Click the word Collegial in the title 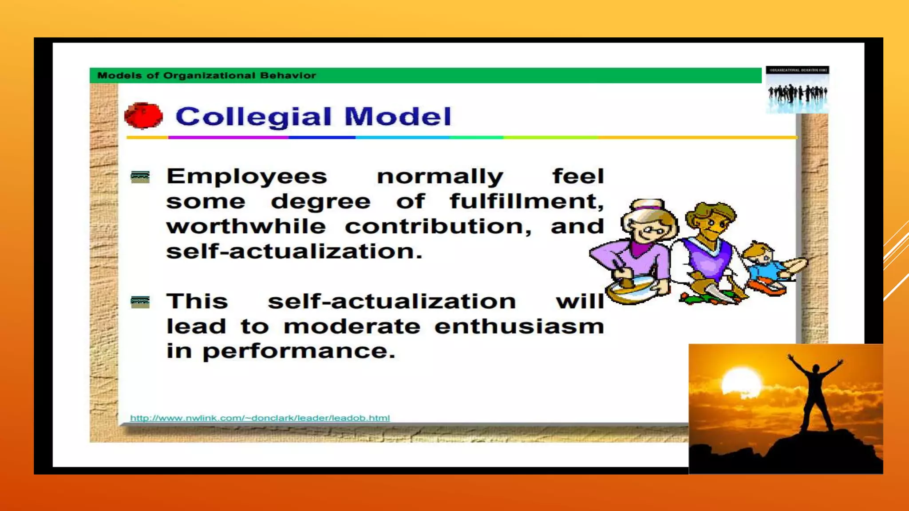(x=253, y=117)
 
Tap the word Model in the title (x=398, y=117)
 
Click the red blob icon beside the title (x=143, y=116)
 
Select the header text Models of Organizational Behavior (x=206, y=75)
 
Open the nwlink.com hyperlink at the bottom (x=260, y=418)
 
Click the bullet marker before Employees (x=140, y=177)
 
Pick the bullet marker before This (x=140, y=303)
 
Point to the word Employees (x=247, y=177)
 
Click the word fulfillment (x=526, y=202)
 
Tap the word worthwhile (x=246, y=227)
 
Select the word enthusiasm (x=519, y=327)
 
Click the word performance (x=298, y=352)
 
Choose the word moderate (x=352, y=327)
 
